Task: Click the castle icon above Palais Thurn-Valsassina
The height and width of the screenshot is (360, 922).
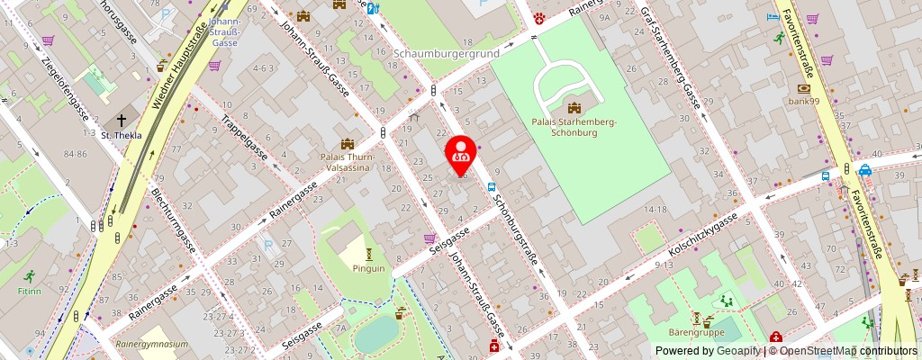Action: (348, 144)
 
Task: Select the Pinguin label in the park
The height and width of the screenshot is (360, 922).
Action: (368, 268)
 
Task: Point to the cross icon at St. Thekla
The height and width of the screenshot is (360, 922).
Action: (120, 121)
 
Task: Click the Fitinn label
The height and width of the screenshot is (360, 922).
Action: (29, 292)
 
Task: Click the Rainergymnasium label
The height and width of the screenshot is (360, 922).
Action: (152, 344)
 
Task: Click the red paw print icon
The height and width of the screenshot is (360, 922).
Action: (539, 16)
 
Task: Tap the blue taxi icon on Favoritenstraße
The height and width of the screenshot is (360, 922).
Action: (864, 169)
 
